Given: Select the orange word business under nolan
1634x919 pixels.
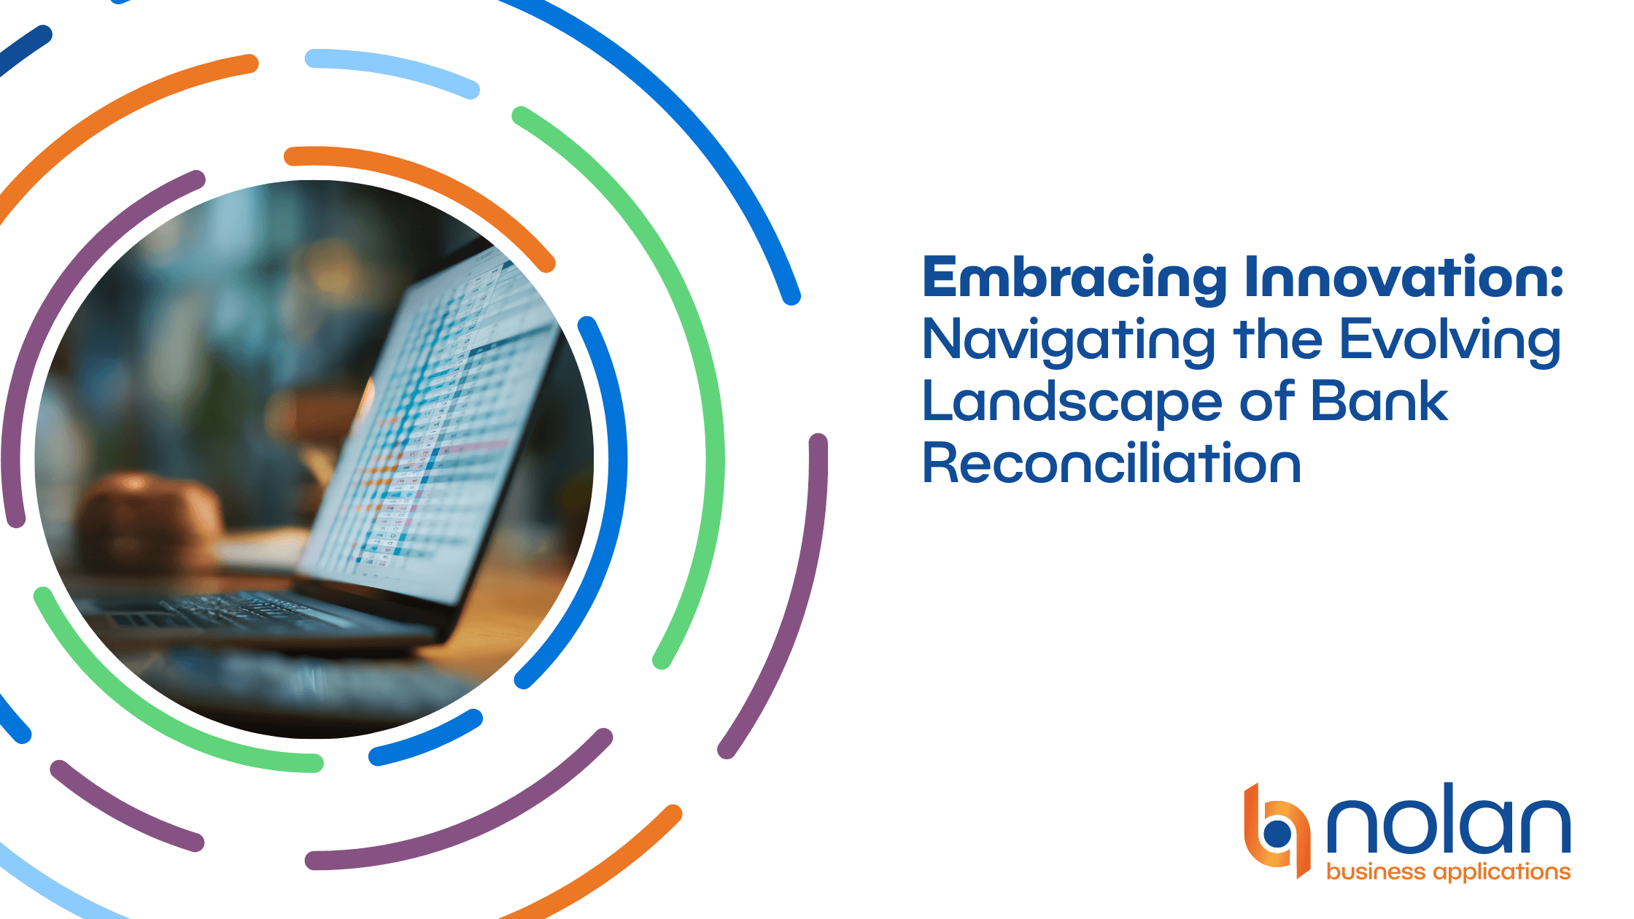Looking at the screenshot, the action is coord(1376,872).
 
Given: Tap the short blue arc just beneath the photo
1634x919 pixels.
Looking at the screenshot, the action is coord(427,738).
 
